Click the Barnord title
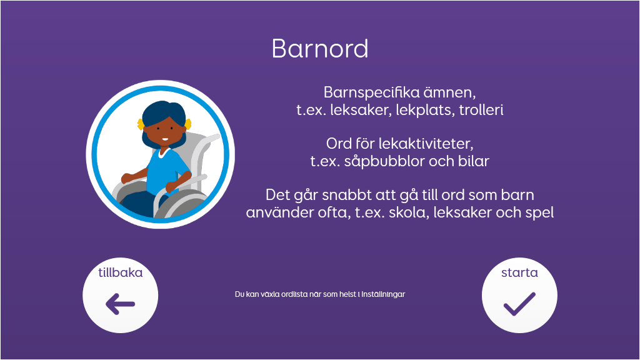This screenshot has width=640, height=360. (320, 49)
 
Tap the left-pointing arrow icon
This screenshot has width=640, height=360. (120, 304)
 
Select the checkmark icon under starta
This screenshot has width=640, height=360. (519, 304)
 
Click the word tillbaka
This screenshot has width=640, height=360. (121, 272)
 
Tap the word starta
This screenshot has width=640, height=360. (519, 272)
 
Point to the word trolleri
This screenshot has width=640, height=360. (481, 110)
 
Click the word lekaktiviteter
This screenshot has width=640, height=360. (426, 144)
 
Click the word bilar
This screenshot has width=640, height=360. (474, 161)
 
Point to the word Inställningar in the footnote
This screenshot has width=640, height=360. (383, 294)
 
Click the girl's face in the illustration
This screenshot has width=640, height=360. (162, 129)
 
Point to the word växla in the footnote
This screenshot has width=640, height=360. (266, 294)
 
